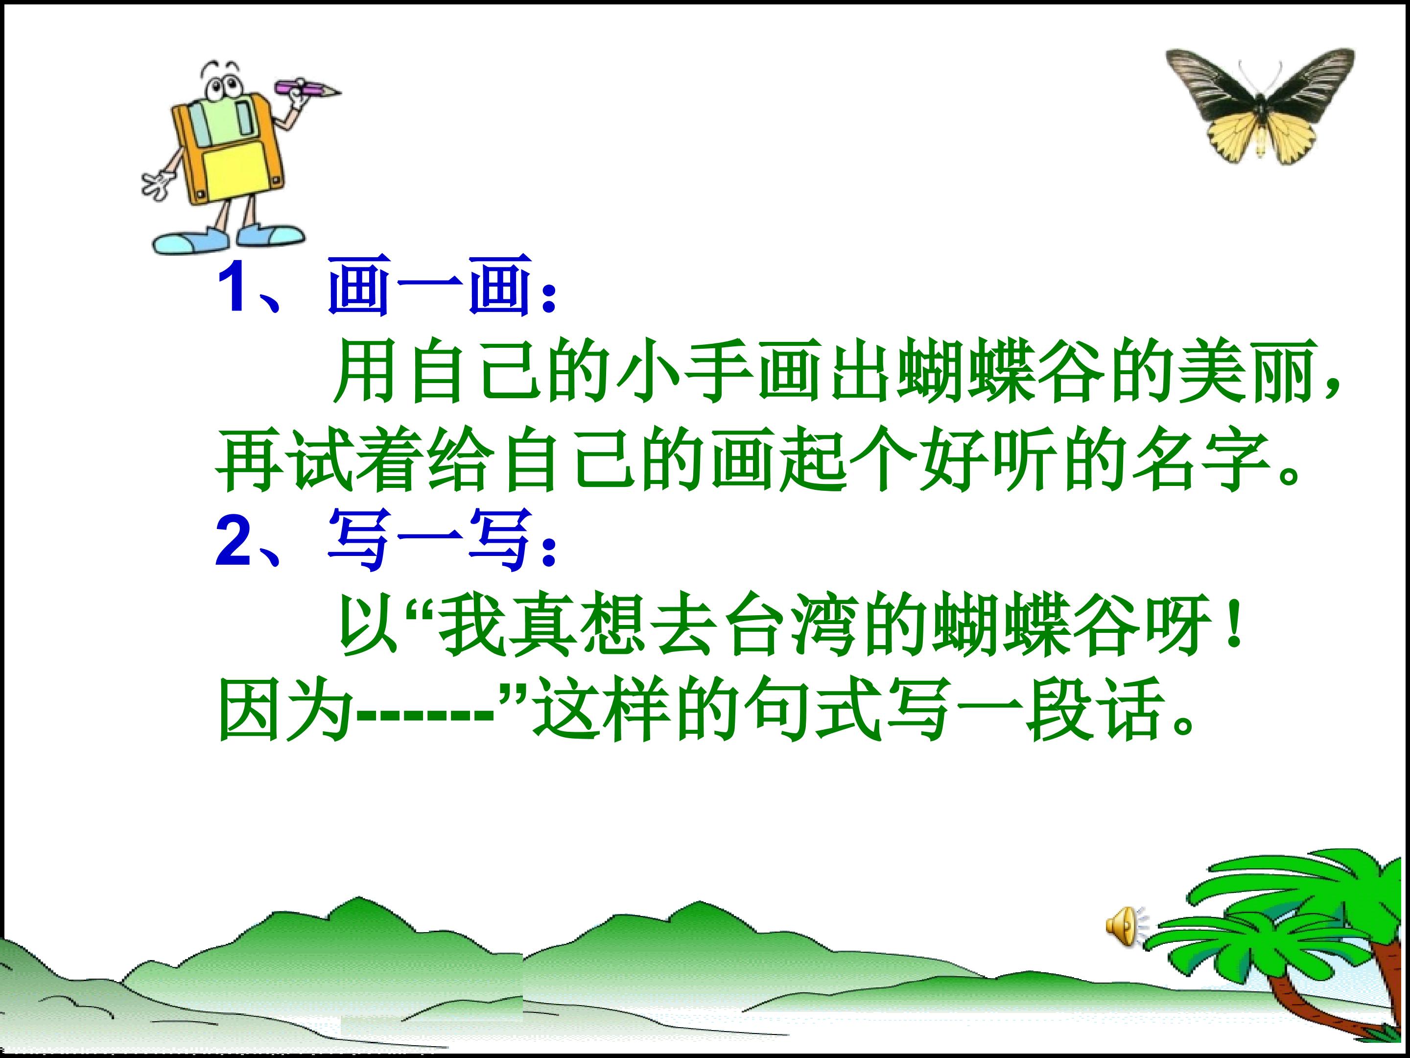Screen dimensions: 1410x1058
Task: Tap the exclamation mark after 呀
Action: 1235,627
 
